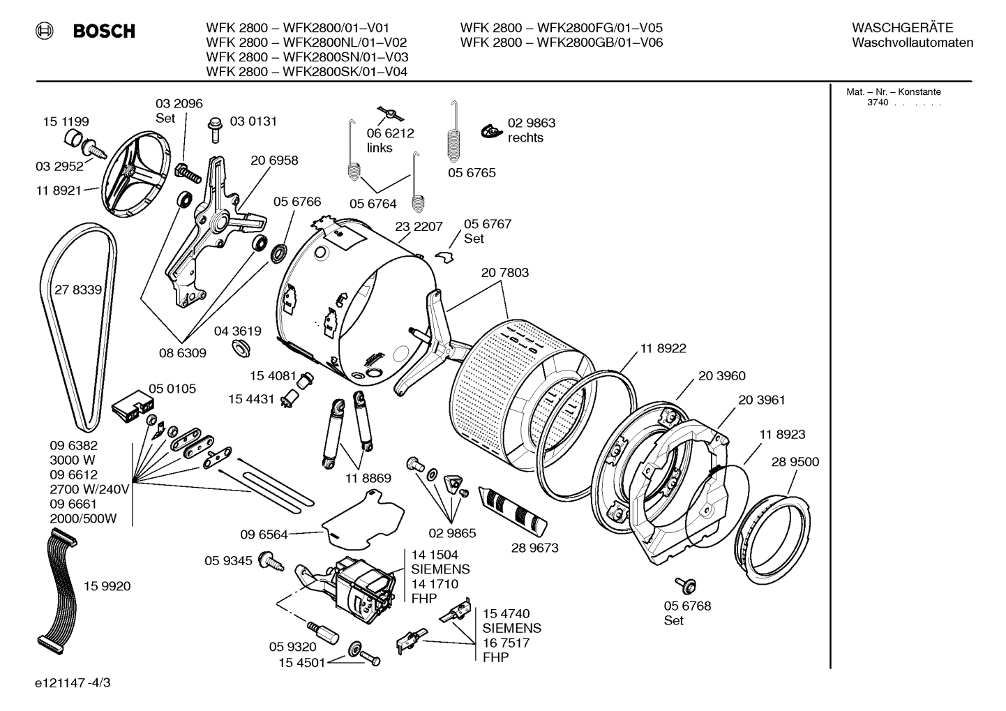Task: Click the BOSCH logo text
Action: click(103, 31)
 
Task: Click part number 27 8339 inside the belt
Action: click(78, 290)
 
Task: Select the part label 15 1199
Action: click(66, 121)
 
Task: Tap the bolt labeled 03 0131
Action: click(215, 129)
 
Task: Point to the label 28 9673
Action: click(534, 548)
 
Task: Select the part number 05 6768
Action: click(687, 606)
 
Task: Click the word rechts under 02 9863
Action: click(525, 138)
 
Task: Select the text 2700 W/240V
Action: click(90, 489)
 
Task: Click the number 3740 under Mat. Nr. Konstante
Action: click(878, 103)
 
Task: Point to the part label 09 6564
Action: click(264, 534)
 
